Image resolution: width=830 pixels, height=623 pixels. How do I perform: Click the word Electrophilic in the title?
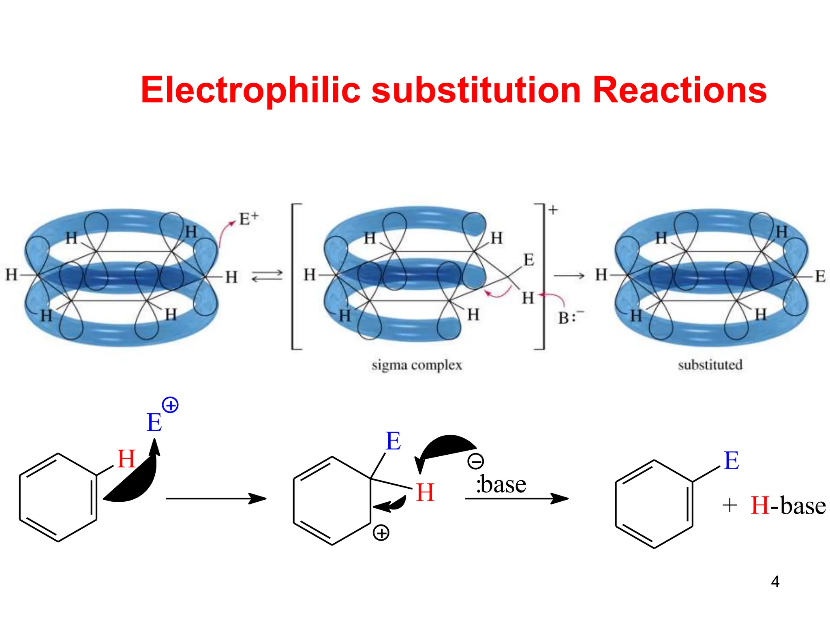(250, 90)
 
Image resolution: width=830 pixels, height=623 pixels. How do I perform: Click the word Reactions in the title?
(679, 90)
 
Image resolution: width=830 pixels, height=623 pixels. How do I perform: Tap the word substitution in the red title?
(476, 90)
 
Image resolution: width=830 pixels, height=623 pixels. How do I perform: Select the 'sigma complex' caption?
(417, 365)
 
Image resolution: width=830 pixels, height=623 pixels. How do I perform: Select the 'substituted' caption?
(710, 365)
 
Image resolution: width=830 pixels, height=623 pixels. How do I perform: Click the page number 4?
(775, 582)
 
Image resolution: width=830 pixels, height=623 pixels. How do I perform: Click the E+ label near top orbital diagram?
(248, 219)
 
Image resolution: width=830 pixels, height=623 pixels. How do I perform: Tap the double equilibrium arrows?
(267, 276)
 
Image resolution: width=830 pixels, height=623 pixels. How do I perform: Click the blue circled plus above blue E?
(170, 405)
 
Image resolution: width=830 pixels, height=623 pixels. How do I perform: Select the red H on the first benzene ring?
(126, 459)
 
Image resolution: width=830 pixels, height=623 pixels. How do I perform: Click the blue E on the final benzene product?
(732, 461)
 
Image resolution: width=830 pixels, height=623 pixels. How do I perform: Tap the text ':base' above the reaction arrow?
(501, 484)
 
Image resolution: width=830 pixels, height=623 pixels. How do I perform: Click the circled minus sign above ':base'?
(475, 461)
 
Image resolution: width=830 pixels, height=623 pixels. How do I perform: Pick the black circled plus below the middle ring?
(381, 533)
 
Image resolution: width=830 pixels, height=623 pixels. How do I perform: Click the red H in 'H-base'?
(759, 506)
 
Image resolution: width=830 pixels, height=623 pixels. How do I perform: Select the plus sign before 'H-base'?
(729, 506)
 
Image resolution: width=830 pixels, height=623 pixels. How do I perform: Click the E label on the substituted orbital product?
(820, 277)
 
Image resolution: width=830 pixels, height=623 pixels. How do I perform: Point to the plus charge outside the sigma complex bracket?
(553, 210)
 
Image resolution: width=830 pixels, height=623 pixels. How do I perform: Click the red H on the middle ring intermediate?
(425, 492)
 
